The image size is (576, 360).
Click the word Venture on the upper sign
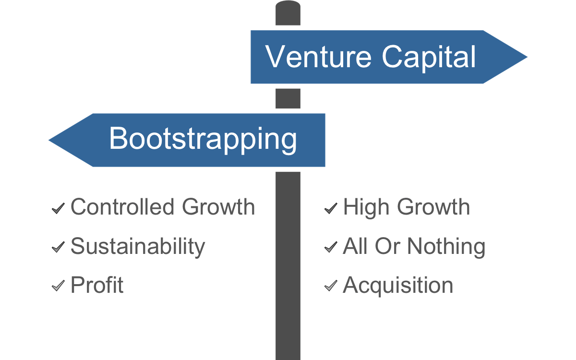pyautogui.click(x=318, y=57)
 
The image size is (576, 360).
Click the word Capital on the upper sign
pyautogui.click(x=429, y=58)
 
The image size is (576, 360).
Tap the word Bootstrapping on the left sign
pyautogui.click(x=203, y=140)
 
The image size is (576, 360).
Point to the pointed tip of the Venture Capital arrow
pyautogui.click(x=527, y=57)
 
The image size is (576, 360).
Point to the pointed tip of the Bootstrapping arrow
pyautogui.click(x=49, y=140)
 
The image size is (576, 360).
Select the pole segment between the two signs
pyautogui.click(x=288, y=98)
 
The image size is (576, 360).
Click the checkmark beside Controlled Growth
pyautogui.click(x=58, y=208)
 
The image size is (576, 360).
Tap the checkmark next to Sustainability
pyautogui.click(x=58, y=247)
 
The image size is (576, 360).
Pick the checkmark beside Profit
pyautogui.click(x=58, y=286)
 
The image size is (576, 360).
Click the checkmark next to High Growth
pyautogui.click(x=331, y=208)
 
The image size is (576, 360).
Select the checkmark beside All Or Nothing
pyautogui.click(x=331, y=247)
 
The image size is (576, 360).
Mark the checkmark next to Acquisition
pyautogui.click(x=331, y=286)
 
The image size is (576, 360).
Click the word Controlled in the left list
pyautogui.click(x=123, y=207)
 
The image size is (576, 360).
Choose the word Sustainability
pyautogui.click(x=138, y=247)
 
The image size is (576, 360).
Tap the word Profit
pyautogui.click(x=97, y=285)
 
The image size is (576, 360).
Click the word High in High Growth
pyautogui.click(x=366, y=208)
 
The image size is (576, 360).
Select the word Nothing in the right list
pyautogui.click(x=446, y=247)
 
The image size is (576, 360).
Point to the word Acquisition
pyautogui.click(x=398, y=286)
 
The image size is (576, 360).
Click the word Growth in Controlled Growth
pyautogui.click(x=218, y=207)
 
